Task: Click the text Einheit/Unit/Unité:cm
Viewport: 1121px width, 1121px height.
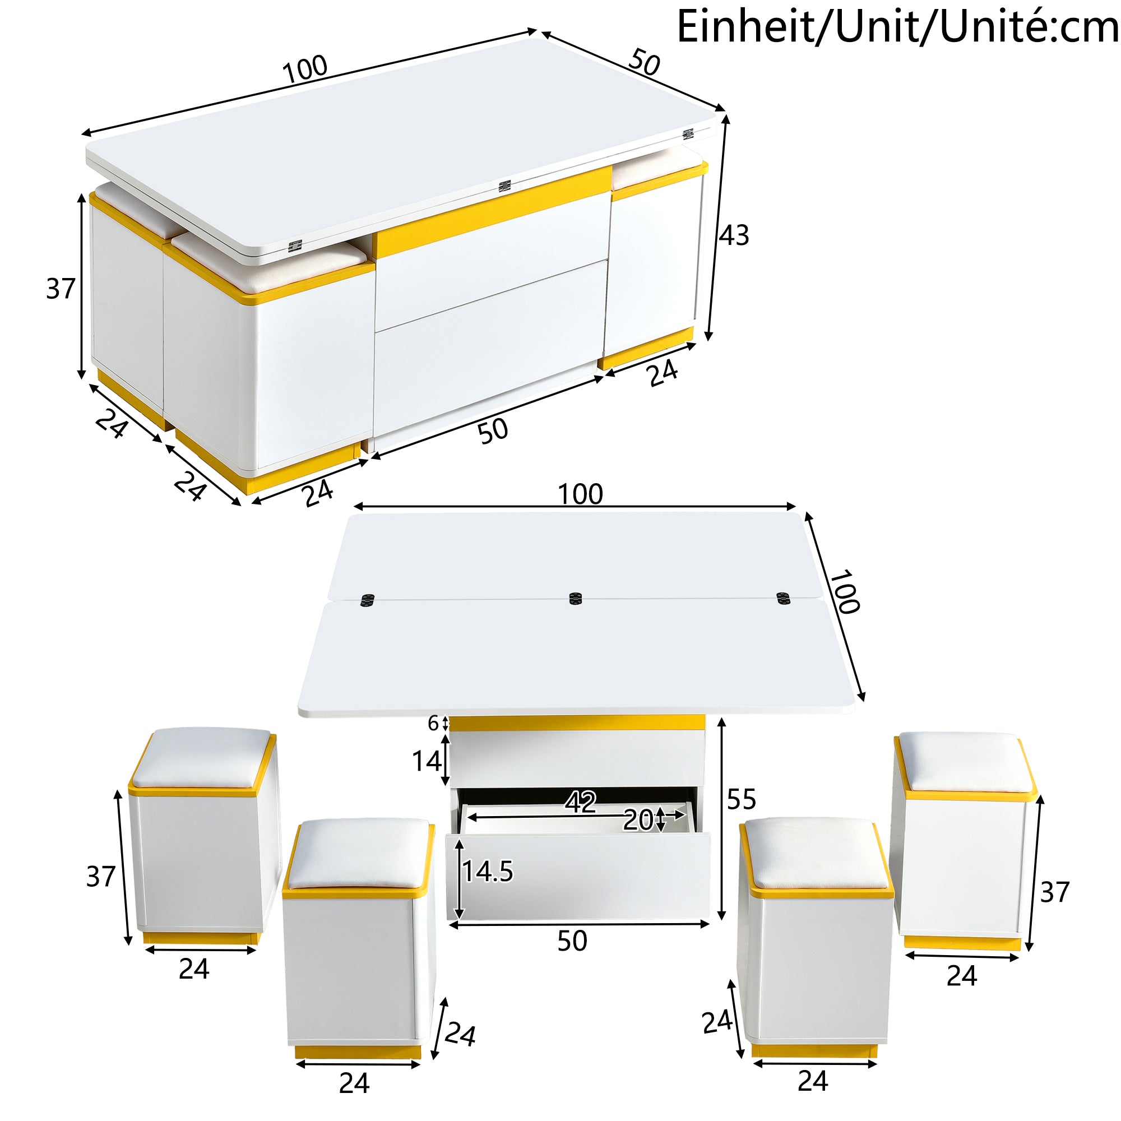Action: pos(896,27)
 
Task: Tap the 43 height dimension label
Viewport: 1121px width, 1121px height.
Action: pos(734,235)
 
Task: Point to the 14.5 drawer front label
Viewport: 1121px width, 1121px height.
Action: pos(488,872)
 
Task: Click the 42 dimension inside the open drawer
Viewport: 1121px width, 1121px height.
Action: pos(581,803)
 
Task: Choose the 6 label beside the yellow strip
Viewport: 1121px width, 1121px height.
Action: pos(433,724)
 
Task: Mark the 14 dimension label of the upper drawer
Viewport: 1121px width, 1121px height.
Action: pos(427,761)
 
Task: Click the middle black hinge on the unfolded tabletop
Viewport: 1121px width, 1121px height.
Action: pos(575,598)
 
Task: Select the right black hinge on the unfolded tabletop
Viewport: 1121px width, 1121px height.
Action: pos(784,598)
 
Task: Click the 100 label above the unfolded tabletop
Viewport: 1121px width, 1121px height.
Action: pos(580,494)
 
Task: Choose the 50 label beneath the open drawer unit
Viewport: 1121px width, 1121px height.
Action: pos(572,941)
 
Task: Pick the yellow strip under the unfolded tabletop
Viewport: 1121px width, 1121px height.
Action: pos(577,723)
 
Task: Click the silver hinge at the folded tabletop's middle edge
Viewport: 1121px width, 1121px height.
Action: pos(504,186)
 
